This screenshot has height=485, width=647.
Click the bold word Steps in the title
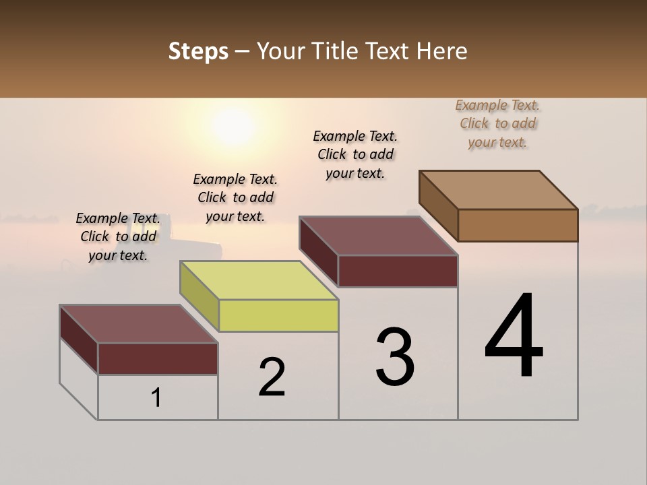198,51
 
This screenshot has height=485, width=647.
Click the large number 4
514,336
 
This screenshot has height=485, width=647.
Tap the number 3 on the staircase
395,357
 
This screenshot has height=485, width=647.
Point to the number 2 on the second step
272,377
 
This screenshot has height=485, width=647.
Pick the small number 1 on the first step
156,398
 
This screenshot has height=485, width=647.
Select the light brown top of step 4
499,189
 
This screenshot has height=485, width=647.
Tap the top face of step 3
379,236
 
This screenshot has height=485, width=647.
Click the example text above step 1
118,236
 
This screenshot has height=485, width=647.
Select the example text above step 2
235,197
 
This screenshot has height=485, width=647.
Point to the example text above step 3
355,154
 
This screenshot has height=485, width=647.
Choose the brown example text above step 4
497,123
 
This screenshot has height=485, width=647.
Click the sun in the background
233,125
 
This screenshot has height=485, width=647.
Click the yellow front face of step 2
278,315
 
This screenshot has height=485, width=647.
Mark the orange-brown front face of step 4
518,225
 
